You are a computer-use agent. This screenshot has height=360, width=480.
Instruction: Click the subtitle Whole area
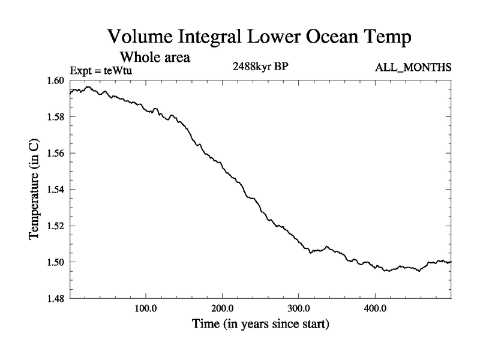(x=155, y=58)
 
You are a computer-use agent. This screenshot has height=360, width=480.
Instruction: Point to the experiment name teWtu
(x=119, y=70)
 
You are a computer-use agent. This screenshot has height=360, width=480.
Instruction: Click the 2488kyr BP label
(x=261, y=67)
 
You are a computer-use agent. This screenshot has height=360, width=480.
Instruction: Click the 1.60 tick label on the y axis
(x=57, y=81)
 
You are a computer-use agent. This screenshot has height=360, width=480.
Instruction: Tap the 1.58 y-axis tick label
(x=57, y=117)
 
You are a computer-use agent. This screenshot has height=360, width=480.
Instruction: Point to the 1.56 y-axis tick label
(x=57, y=154)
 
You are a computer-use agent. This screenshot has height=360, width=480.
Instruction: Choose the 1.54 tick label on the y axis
(x=57, y=190)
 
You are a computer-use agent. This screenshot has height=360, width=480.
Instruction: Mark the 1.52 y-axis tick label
(x=57, y=226)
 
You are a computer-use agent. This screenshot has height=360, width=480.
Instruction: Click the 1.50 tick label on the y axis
(x=57, y=262)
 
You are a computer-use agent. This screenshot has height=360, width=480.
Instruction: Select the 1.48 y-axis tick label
(x=57, y=298)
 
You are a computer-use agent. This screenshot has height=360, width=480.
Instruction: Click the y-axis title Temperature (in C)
(x=35, y=190)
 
